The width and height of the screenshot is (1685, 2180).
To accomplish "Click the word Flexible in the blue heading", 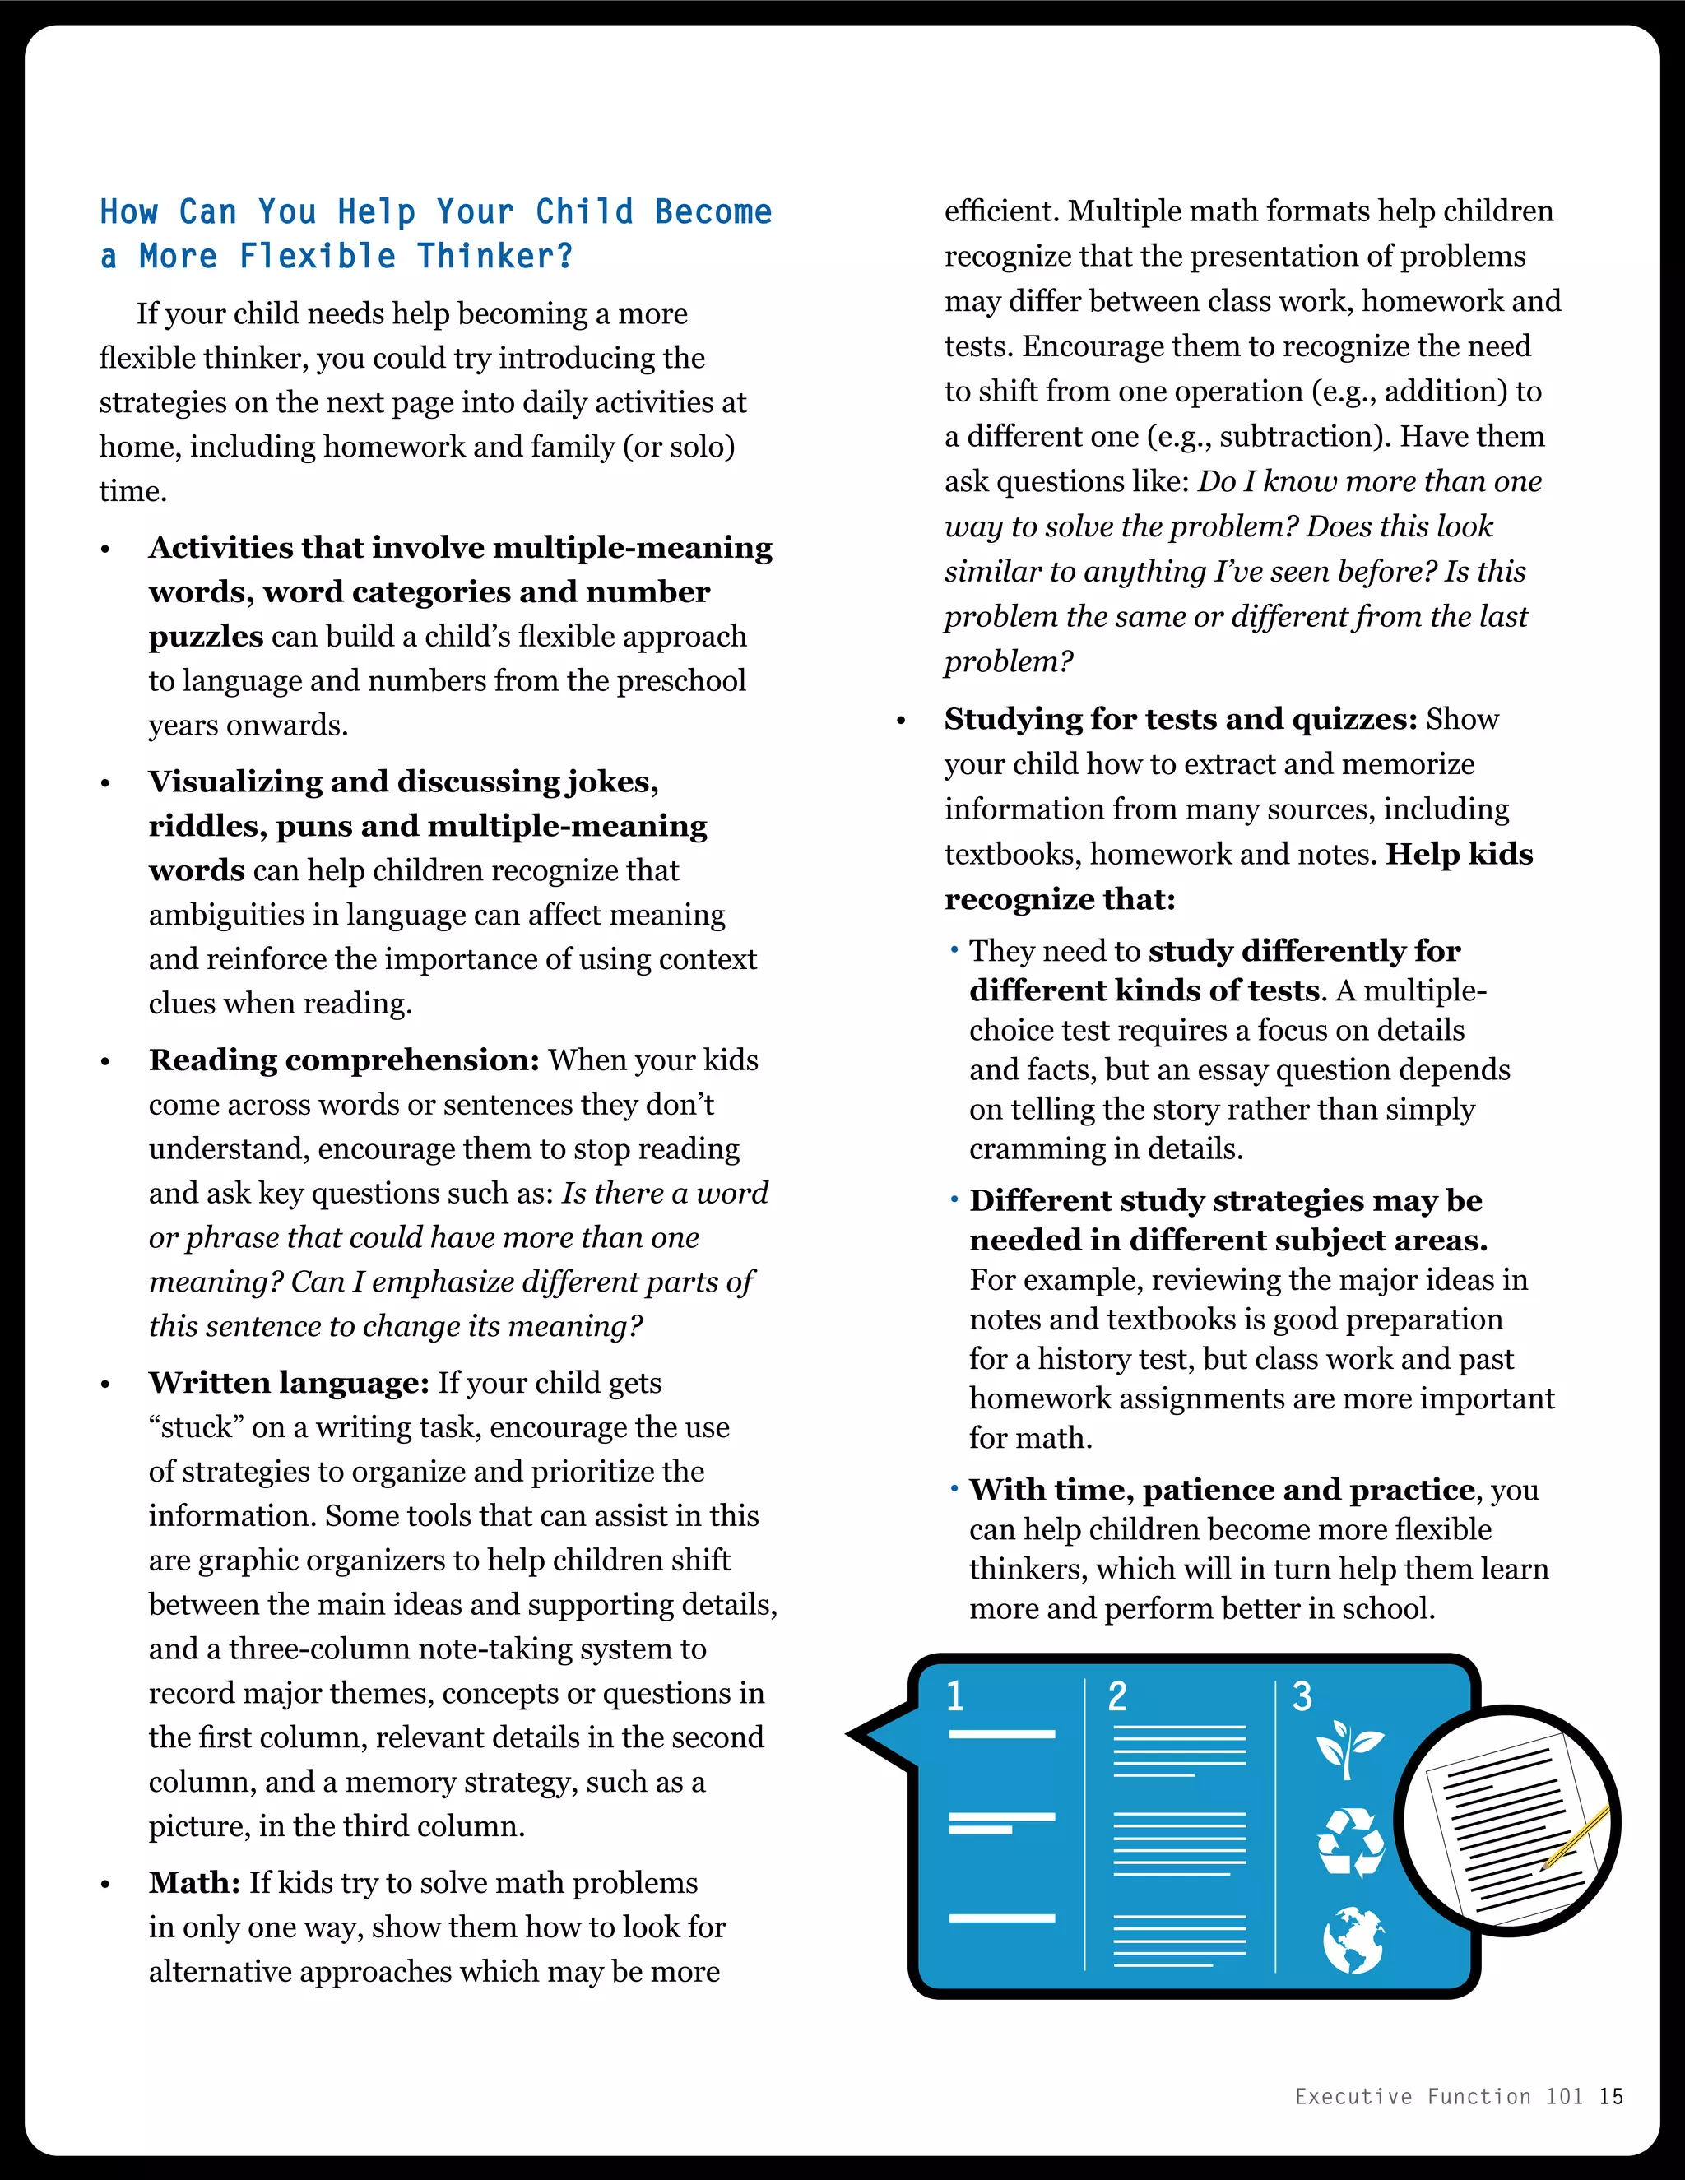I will pos(318,257).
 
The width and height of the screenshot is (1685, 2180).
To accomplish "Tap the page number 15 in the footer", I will pos(1610,2096).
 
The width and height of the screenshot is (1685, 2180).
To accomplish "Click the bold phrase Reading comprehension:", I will pos(343,1060).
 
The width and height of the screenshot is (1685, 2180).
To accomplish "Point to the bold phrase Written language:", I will pos(289,1383).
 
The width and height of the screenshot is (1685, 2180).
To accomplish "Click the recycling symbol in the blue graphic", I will pos(1351,1843).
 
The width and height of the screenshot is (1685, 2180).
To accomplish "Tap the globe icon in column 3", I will pos(1353,1941).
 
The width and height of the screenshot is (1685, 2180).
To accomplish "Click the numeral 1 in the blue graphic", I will pos(955,1697).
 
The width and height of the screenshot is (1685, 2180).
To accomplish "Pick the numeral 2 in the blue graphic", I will pos(1117,1697).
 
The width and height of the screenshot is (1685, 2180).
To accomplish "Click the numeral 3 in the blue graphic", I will pos(1302,1697).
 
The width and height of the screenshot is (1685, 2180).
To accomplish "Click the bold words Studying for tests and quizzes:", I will pos(1181,720).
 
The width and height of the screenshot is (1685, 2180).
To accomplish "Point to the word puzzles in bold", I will pos(206,637).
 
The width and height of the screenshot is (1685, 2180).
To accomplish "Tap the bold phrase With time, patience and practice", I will pos(1222,1491).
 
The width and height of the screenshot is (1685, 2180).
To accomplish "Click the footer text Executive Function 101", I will pos(1438,2096).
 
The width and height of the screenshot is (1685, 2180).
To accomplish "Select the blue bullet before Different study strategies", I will pos(954,1198).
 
